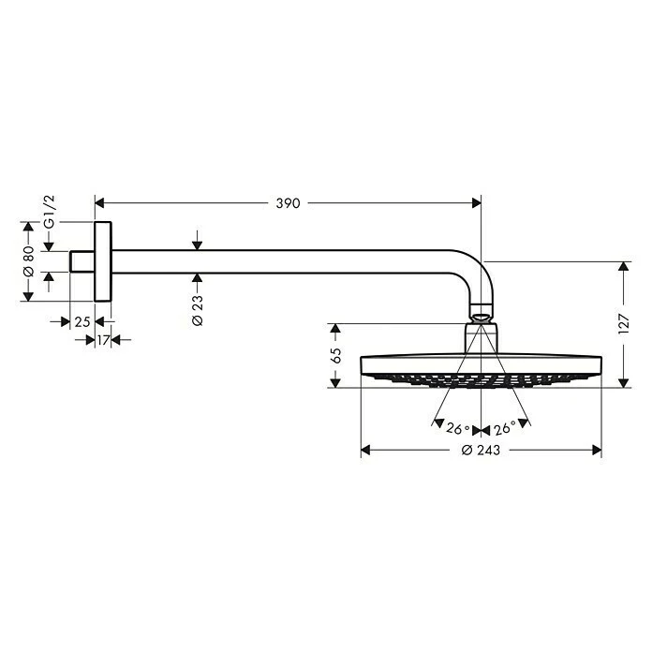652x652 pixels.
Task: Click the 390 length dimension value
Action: (x=288, y=203)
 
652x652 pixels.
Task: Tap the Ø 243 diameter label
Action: (x=481, y=451)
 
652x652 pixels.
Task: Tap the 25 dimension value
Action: (x=82, y=321)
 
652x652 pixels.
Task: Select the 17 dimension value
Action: (x=103, y=340)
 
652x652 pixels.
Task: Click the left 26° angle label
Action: (x=457, y=429)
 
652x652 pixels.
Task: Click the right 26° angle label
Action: (x=505, y=429)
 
